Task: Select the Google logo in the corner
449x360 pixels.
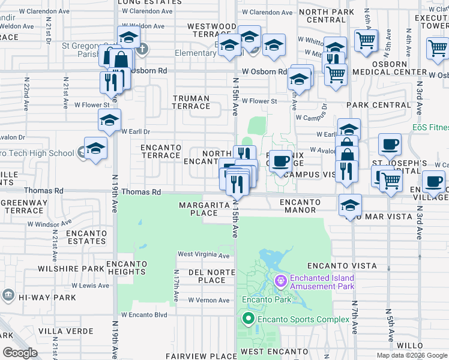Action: click(x=20, y=353)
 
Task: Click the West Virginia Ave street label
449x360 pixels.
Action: click(x=203, y=256)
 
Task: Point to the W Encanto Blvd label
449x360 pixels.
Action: click(x=144, y=314)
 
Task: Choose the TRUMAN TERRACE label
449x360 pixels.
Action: click(x=191, y=102)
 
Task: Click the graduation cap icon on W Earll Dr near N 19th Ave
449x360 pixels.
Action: click(x=109, y=121)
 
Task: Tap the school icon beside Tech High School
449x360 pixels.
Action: click(x=96, y=148)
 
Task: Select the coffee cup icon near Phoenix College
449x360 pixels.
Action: click(x=280, y=161)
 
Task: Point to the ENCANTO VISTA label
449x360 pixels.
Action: click(x=342, y=265)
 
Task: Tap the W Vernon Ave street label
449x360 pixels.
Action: click(x=209, y=300)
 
